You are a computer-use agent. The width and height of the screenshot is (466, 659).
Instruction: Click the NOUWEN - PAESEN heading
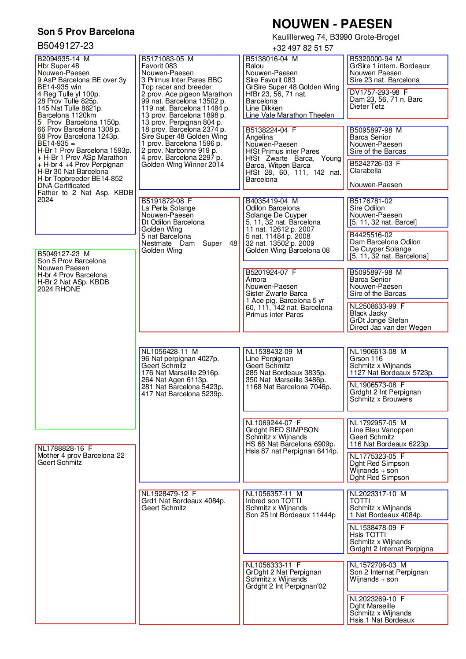pos(332,24)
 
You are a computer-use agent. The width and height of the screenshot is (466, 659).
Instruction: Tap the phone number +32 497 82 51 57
pos(303,48)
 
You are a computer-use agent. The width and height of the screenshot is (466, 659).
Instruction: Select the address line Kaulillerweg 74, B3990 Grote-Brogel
pos(336,37)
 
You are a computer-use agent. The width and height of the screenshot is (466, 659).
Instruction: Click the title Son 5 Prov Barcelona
pos(86,32)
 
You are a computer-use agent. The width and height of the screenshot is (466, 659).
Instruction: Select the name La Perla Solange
pos(168,208)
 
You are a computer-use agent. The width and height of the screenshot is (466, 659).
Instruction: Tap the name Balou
pos(255,66)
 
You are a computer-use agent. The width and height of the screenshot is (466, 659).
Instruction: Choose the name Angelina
pos(259,137)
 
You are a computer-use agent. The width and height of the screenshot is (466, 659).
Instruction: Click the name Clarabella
pos(365,171)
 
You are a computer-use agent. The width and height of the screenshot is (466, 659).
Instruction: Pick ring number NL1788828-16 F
pos(65,449)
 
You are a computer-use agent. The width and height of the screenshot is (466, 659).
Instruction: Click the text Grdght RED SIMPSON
pos(282,430)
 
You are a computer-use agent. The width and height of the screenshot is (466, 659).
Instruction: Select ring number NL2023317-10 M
pos(377,494)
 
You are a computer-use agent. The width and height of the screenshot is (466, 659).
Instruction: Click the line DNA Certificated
pos(63,186)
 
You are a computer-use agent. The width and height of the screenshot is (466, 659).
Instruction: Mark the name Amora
pos(256,280)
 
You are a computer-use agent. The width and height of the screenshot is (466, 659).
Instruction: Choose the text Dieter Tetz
pos(367,107)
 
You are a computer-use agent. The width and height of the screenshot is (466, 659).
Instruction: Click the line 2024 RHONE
pos(59,289)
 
